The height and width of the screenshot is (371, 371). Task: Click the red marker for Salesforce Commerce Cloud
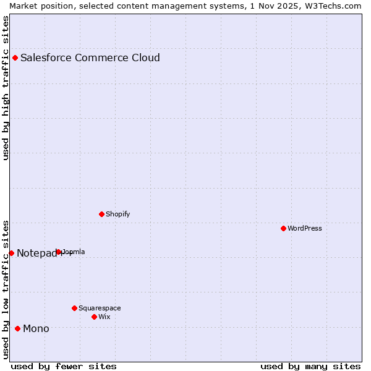15,58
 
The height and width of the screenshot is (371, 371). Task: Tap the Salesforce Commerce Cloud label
90,58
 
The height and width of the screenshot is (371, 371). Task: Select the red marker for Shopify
101,215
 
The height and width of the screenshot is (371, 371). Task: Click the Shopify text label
117,215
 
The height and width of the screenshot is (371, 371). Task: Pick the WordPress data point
283,229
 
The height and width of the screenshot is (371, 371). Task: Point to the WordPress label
305,229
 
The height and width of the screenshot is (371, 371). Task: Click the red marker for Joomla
59,252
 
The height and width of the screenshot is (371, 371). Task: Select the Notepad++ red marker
11,253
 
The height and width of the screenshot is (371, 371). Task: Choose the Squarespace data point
74,308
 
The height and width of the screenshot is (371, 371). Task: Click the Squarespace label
100,308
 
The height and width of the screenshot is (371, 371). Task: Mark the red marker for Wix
94,317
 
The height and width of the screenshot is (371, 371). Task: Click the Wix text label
104,317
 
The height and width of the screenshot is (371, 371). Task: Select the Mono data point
17,328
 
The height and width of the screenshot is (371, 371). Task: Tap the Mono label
36,329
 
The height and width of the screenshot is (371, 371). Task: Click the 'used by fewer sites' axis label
64,367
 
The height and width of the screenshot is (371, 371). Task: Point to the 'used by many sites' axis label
310,367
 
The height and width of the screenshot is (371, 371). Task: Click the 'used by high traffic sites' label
6,88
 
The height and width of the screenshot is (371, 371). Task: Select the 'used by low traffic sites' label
6,289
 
